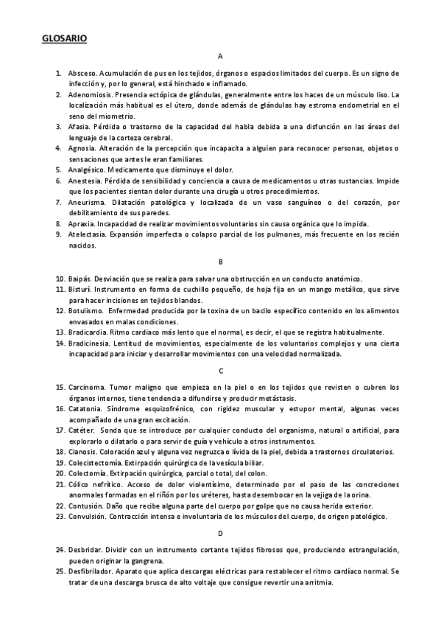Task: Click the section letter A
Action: point(220,57)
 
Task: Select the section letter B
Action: point(220,262)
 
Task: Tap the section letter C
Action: point(220,370)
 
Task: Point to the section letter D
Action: point(220,532)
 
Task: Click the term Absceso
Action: point(80,74)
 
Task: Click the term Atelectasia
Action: point(86,234)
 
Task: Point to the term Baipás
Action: point(80,278)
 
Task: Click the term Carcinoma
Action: point(85,386)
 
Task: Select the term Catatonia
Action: point(84,408)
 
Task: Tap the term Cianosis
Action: point(82,451)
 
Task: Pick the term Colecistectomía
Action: point(93,462)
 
